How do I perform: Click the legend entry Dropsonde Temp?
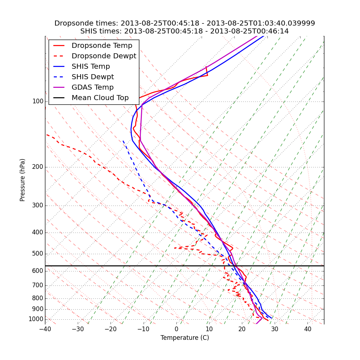pos(102,46)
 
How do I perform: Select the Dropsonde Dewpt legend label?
pos(104,56)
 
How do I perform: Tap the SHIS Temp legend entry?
pos(91,67)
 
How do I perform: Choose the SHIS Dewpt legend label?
pos(93,77)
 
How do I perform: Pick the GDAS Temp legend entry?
pos(93,87)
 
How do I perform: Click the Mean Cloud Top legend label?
pos(100,98)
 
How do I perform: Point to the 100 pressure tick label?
pos(38,102)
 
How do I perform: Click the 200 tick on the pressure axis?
pos(38,167)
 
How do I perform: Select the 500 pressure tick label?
pos(38,254)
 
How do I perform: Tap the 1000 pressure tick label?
pos(36,319)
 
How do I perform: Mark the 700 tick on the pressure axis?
pos(38,285)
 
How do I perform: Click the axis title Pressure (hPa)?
pos(23,180)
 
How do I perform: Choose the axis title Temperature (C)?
pos(185,338)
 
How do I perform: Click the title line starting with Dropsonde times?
pos(185,23)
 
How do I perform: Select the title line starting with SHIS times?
pos(185,31)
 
